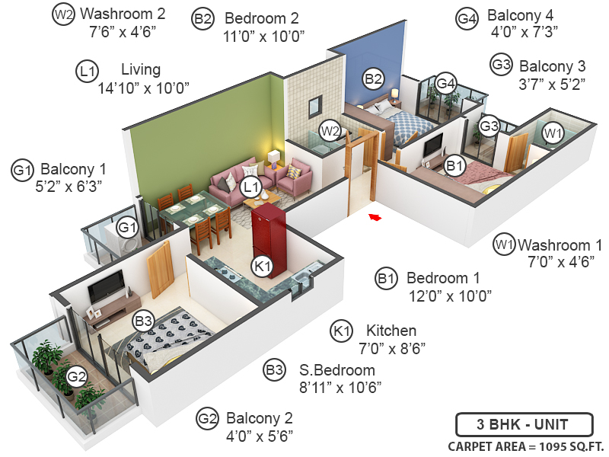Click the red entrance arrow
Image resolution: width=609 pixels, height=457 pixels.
tap(375, 219)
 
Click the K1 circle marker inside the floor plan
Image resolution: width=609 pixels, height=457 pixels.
tap(263, 267)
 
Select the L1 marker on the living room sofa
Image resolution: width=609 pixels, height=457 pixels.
tap(250, 187)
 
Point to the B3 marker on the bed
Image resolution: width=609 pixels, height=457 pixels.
tap(144, 321)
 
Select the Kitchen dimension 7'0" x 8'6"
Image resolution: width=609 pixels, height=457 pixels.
tap(391, 348)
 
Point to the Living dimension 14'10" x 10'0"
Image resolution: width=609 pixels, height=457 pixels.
tap(143, 88)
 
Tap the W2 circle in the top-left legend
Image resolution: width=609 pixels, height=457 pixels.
tap(65, 14)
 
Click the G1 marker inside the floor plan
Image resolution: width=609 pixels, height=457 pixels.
tap(127, 226)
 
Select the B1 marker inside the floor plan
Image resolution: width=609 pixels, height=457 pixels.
tap(455, 165)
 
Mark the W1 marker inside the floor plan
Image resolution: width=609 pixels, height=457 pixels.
tap(553, 133)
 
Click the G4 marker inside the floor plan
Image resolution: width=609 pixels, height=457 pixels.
tap(445, 83)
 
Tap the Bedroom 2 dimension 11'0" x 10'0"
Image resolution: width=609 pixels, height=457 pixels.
tap(263, 36)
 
